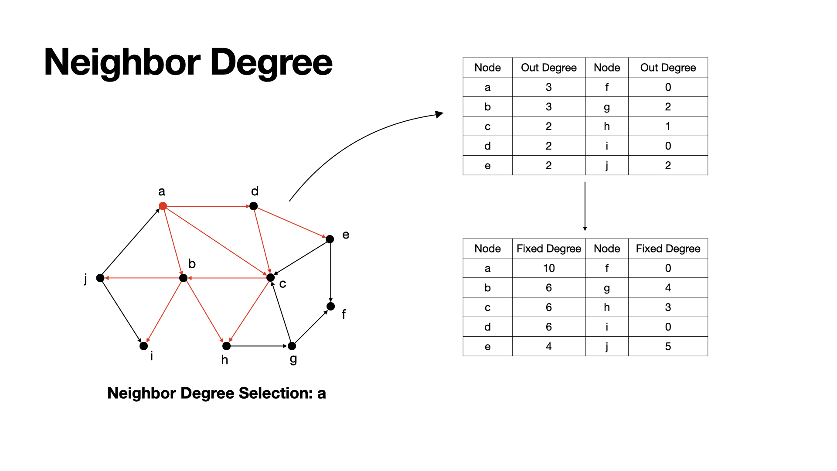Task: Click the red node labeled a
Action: tap(163, 206)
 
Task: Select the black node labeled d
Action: tap(253, 206)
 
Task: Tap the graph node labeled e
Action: tap(330, 239)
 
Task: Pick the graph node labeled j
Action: tap(100, 278)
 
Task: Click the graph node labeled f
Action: tap(331, 306)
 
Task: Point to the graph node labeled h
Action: tap(226, 346)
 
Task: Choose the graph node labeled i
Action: tap(143, 346)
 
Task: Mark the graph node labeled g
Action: tap(292, 346)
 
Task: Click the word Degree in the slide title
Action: tap(271, 62)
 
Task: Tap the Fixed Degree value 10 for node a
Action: tap(548, 268)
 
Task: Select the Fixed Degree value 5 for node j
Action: tap(667, 347)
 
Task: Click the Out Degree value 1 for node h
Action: tap(667, 126)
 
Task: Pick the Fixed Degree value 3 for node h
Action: tap(667, 307)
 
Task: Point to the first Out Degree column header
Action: tap(548, 68)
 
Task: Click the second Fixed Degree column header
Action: tap(667, 249)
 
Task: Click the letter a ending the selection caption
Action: tap(322, 393)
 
